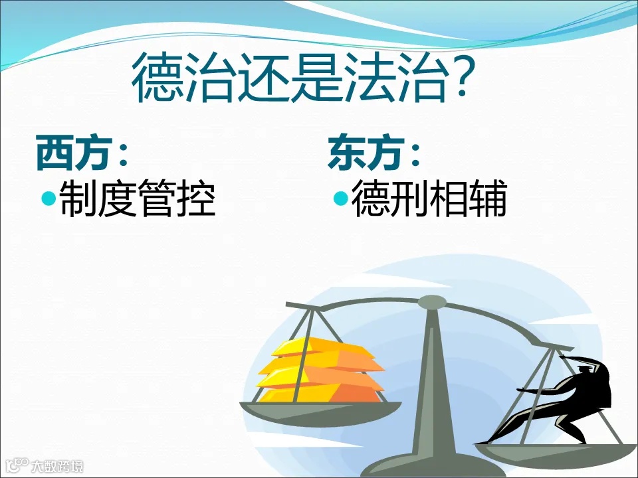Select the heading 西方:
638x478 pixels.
coord(82,154)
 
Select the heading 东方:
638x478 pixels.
coord(374,154)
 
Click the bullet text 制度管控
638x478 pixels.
coord(138,199)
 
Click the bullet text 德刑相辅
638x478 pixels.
coord(429,199)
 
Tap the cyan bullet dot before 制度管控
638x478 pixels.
coord(49,198)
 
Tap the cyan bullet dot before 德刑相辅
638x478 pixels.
coord(340,198)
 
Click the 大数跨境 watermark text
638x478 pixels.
coord(62,466)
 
